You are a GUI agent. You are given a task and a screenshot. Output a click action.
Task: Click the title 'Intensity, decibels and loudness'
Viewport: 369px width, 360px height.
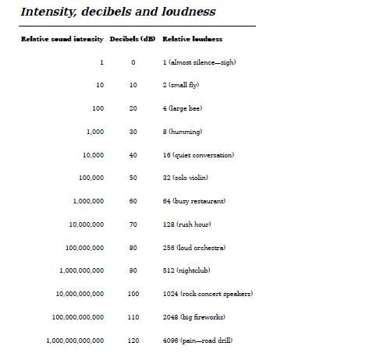(118, 12)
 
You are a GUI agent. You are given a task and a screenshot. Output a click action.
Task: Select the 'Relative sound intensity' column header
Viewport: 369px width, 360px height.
(62, 39)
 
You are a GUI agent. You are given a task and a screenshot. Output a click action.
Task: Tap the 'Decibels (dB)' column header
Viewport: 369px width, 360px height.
(133, 39)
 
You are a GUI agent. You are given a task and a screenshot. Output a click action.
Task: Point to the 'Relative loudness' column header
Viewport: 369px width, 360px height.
(192, 39)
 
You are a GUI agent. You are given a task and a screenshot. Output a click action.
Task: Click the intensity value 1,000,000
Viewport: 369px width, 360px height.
(87, 201)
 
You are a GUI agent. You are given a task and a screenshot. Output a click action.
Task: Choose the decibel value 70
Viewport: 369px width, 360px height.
(133, 224)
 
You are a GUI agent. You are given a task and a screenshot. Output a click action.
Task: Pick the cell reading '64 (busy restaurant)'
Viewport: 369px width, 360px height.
(193, 201)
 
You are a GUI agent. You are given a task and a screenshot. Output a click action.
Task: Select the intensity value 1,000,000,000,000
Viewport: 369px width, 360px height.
(75, 341)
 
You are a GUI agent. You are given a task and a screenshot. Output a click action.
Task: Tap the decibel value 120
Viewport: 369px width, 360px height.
(133, 341)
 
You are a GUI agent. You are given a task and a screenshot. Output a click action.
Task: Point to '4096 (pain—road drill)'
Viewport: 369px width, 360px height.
(197, 341)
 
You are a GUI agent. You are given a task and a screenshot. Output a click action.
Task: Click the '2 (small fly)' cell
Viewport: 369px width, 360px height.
(180, 85)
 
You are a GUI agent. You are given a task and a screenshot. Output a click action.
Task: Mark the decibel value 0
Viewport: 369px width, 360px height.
(133, 62)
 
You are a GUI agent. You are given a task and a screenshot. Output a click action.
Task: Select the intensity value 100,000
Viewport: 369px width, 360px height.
(91, 178)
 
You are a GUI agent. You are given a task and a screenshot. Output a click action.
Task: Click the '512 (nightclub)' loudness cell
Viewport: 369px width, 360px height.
(187, 270)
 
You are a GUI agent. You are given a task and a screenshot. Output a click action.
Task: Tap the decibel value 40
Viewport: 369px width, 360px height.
(133, 155)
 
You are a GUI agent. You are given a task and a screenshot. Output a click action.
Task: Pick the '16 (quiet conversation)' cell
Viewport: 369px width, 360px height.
(198, 155)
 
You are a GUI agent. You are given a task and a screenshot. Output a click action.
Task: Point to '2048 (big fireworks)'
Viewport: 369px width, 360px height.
(194, 317)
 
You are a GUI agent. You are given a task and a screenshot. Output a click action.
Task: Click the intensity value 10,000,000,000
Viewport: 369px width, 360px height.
(79, 294)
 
